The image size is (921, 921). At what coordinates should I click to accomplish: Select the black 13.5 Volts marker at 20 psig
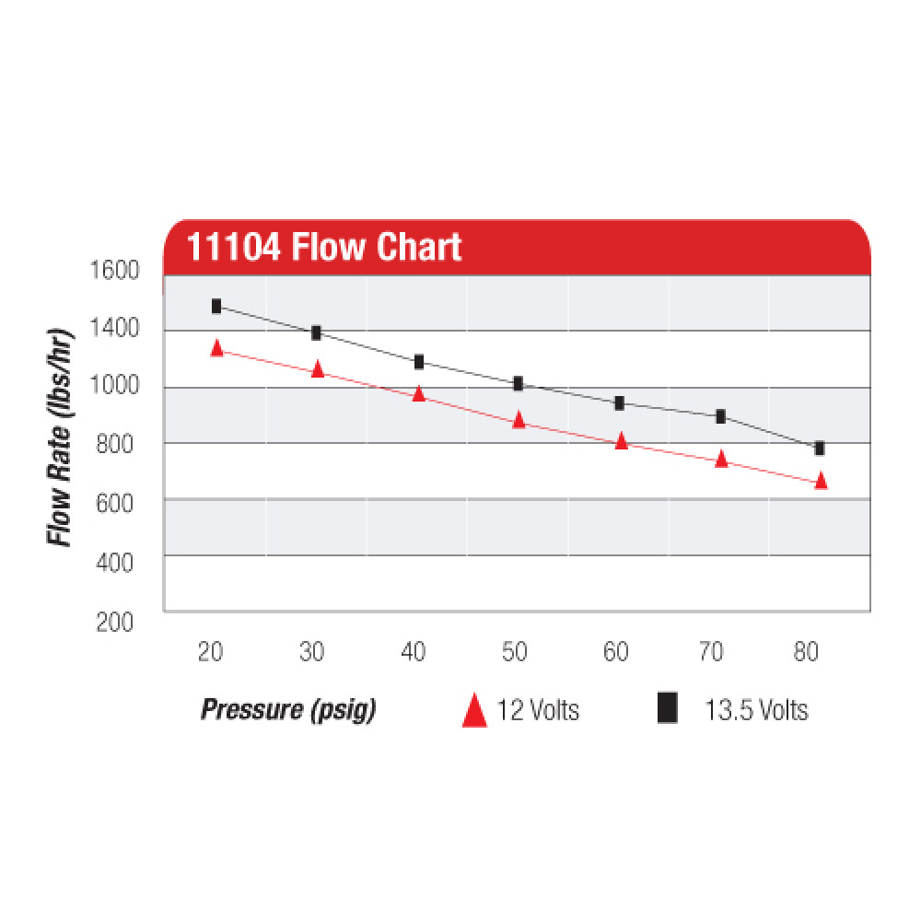(x=216, y=306)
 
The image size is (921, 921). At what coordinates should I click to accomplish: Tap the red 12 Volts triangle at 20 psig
(x=216, y=348)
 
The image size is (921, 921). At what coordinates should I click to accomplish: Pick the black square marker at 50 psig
(x=519, y=383)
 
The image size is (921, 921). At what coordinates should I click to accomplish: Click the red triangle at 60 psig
(x=621, y=441)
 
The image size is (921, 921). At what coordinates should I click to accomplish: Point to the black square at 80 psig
(x=820, y=449)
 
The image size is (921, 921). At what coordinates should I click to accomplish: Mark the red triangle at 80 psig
(x=821, y=481)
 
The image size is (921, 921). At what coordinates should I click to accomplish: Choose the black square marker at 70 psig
(x=720, y=416)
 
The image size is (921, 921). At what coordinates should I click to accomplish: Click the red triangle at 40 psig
(x=418, y=394)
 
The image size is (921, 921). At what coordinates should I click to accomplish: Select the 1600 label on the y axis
(x=114, y=271)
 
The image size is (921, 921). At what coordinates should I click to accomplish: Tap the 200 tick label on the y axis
(x=114, y=623)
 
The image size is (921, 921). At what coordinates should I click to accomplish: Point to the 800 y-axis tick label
(x=114, y=446)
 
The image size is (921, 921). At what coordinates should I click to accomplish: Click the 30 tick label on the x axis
(x=312, y=652)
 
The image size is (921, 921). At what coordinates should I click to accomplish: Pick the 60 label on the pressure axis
(x=615, y=652)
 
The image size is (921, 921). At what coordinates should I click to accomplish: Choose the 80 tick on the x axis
(x=807, y=652)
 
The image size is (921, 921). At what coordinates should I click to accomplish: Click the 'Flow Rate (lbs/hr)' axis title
(x=61, y=436)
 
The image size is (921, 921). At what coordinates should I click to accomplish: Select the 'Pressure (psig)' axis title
(x=288, y=710)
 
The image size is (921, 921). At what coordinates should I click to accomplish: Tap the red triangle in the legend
(x=473, y=711)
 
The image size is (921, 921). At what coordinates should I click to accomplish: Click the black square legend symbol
(x=668, y=709)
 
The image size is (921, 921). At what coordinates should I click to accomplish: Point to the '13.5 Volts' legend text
(x=756, y=710)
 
